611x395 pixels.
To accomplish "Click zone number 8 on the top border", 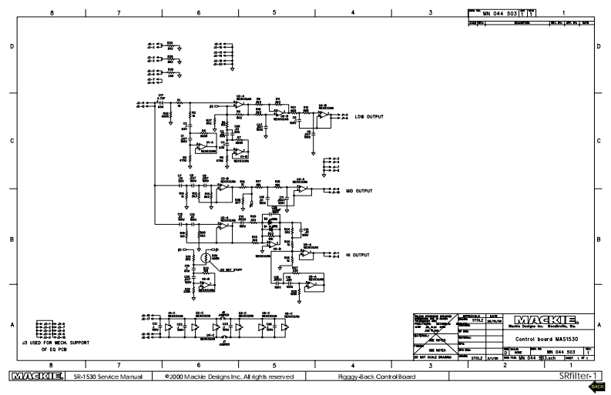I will click(x=52, y=13).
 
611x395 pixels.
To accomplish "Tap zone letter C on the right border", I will click(x=599, y=141).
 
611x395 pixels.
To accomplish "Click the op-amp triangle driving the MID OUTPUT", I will click(x=304, y=189).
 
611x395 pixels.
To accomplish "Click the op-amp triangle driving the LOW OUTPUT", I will click(x=324, y=115).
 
